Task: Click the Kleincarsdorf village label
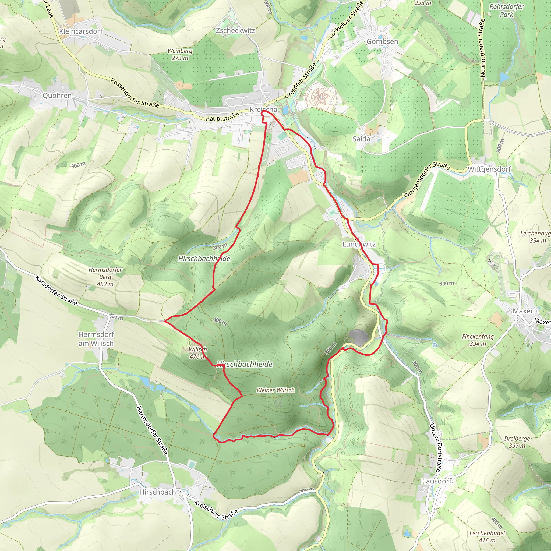coord(81,31)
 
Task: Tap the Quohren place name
coord(57,95)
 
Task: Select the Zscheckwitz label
coord(235,30)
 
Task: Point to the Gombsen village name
coord(382,41)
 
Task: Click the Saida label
coord(361,139)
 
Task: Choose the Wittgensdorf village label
coord(489,169)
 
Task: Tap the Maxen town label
coord(524,311)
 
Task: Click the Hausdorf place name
coord(436,481)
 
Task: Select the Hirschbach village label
coord(157,492)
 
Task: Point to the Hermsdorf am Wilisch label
coord(96,339)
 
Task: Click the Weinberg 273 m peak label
coord(180,54)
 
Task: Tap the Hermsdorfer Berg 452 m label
coord(105,277)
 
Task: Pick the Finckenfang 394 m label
coord(478,340)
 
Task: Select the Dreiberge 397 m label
coord(517,442)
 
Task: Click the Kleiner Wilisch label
coord(275,390)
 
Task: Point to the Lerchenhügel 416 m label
coord(487,536)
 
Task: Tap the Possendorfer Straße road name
coord(135,93)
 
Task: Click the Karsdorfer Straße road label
coord(56,290)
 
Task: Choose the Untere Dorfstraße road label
coord(436,447)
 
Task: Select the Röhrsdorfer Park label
coord(507,10)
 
